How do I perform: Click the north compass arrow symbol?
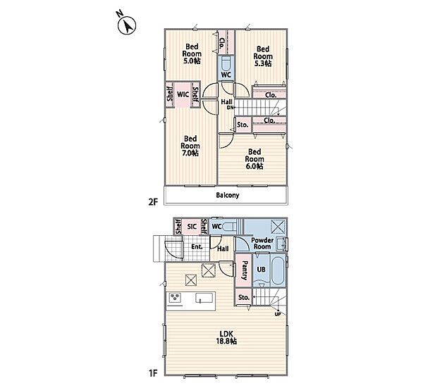point(127,25)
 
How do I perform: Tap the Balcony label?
point(228,195)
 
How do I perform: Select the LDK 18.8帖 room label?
point(226,337)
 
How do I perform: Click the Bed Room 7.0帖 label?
point(190,146)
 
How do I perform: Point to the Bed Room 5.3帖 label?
point(263,56)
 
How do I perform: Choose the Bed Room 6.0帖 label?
point(255,159)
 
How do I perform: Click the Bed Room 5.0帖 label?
point(192,54)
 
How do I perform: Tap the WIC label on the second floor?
point(183,94)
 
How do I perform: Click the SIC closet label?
point(192,227)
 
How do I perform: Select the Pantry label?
point(245,270)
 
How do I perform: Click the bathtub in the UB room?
point(278,270)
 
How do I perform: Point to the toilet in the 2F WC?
point(226,63)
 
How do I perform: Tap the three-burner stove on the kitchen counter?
point(175,297)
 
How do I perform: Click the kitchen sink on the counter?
point(204,298)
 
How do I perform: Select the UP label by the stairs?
point(278,314)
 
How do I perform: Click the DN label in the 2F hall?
point(230,108)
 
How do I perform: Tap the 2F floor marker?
point(153,202)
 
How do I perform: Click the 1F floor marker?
point(153,373)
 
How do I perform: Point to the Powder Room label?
point(262,243)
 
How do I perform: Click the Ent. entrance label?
point(197,246)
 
